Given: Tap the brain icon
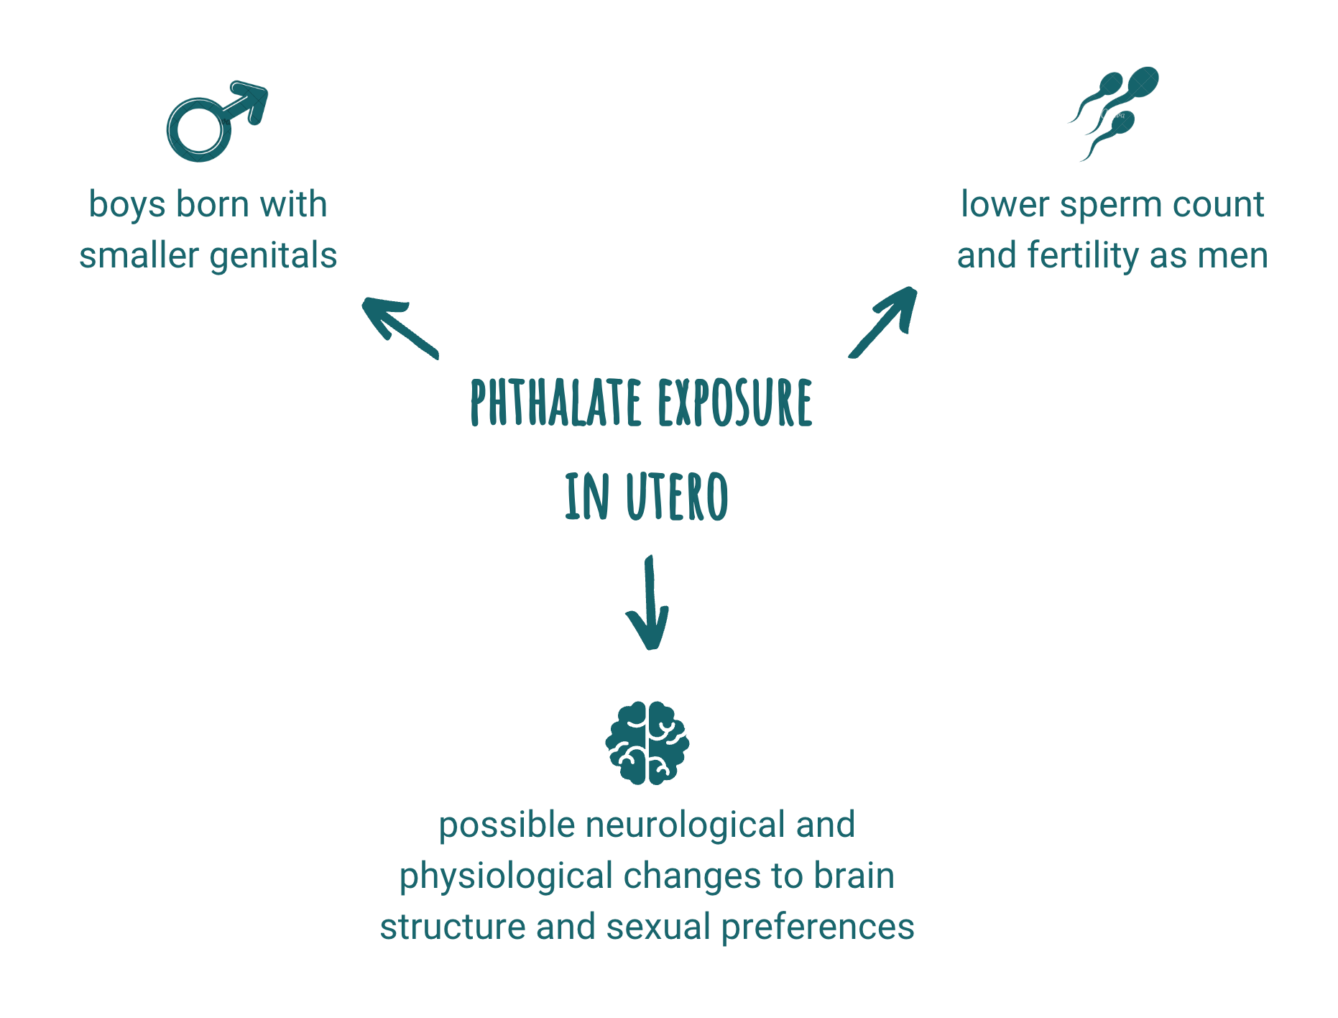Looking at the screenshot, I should pyautogui.click(x=647, y=743).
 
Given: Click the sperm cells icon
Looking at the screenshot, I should pyautogui.click(x=1114, y=112).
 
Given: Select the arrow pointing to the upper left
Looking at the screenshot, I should pyautogui.click(x=398, y=326).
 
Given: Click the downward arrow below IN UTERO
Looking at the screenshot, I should pyautogui.click(x=649, y=604).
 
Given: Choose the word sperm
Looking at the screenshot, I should pyautogui.click(x=1103, y=205).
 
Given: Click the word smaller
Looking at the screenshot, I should pyautogui.click(x=139, y=256).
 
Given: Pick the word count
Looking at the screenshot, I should pyautogui.click(x=1219, y=205).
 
